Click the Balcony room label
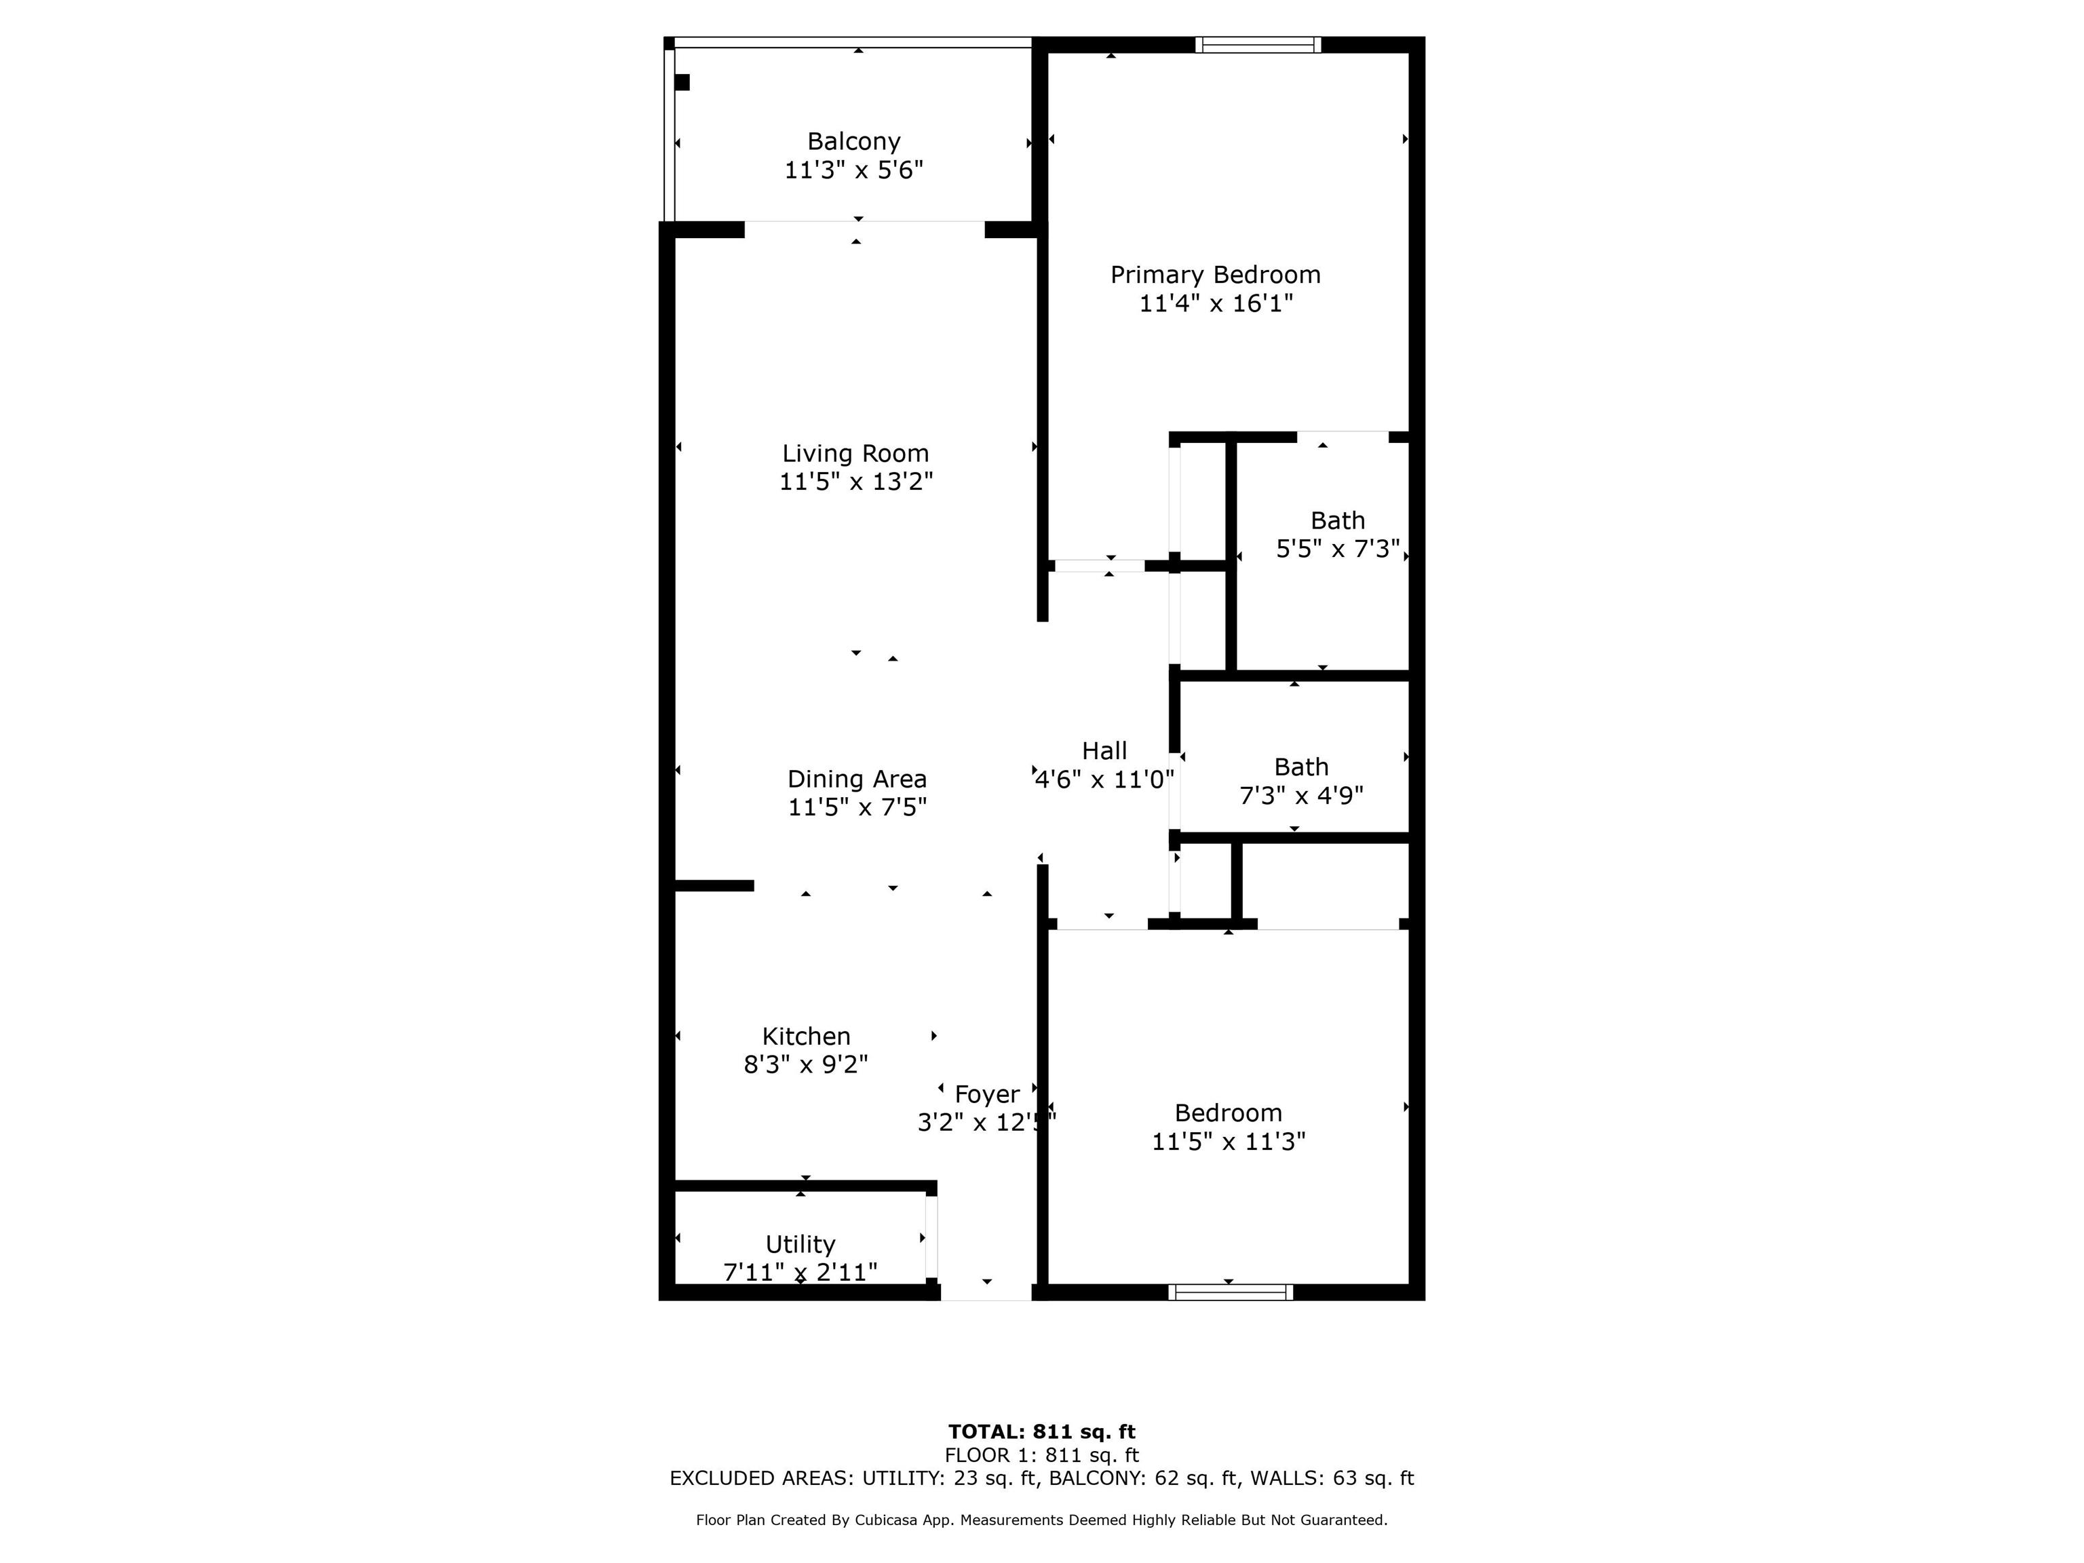click(x=853, y=141)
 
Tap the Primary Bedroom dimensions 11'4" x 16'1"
click(x=1216, y=303)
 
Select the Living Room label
click(x=855, y=453)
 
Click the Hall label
click(x=1104, y=751)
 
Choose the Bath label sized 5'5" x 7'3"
click(x=1337, y=520)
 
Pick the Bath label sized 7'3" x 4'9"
click(x=1301, y=767)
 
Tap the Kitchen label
click(x=805, y=1037)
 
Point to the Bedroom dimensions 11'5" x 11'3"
click(x=1229, y=1142)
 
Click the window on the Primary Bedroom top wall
click(x=1258, y=44)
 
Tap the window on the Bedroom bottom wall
click(x=1231, y=1292)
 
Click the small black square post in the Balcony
click(x=682, y=83)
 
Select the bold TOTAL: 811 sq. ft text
click(x=1041, y=1432)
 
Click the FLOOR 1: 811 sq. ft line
click(x=1041, y=1456)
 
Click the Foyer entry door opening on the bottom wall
click(x=986, y=1292)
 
